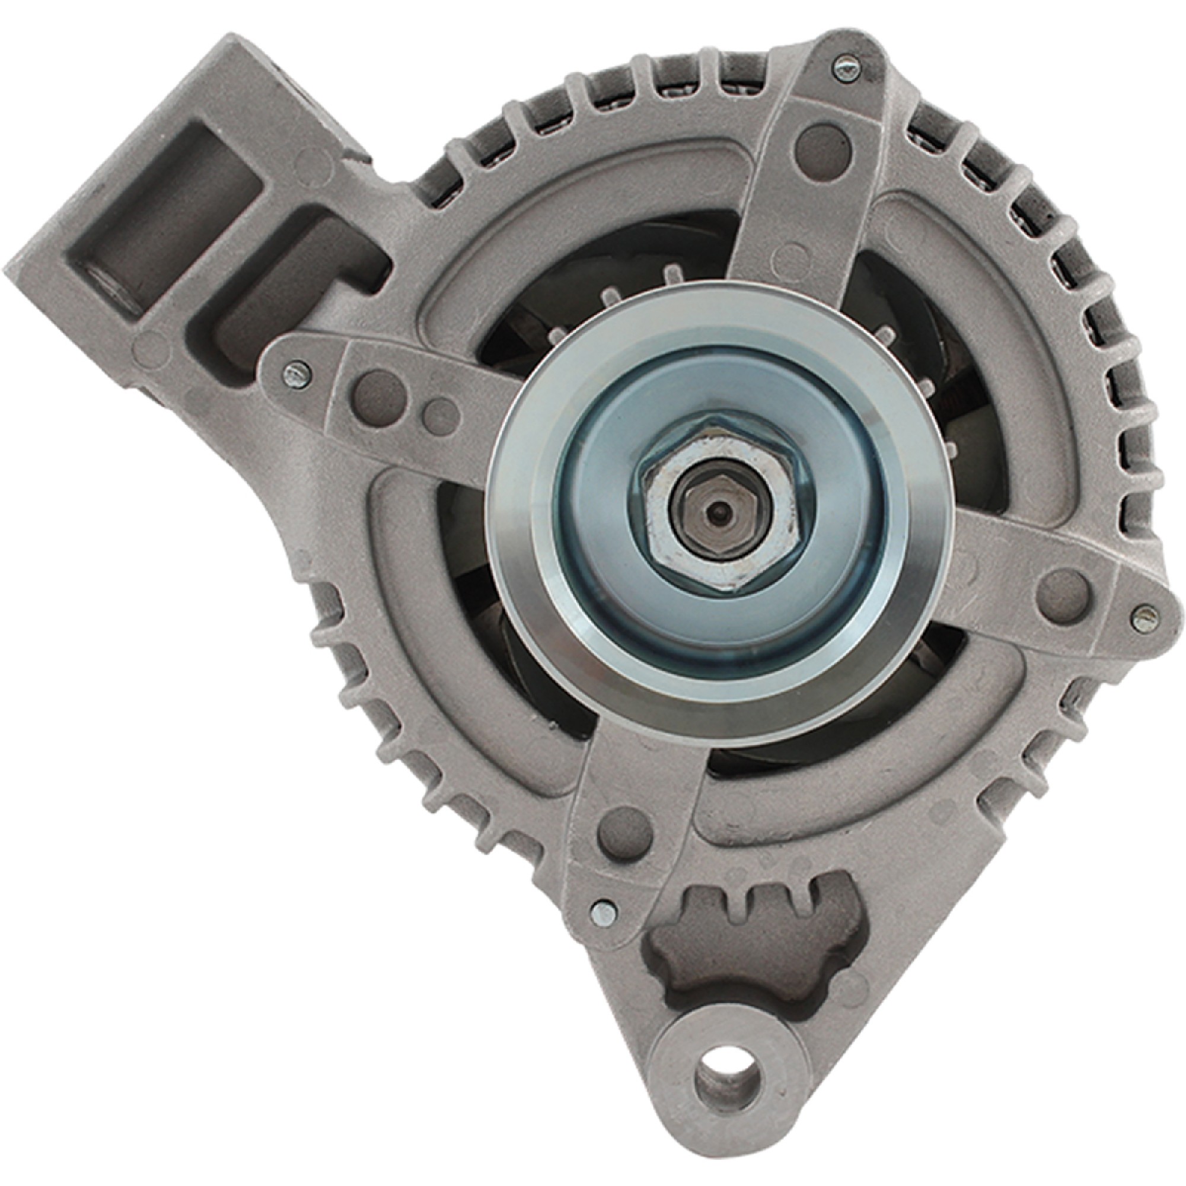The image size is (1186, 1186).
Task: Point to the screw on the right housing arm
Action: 1144,616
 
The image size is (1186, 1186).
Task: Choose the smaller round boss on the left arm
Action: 439,410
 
